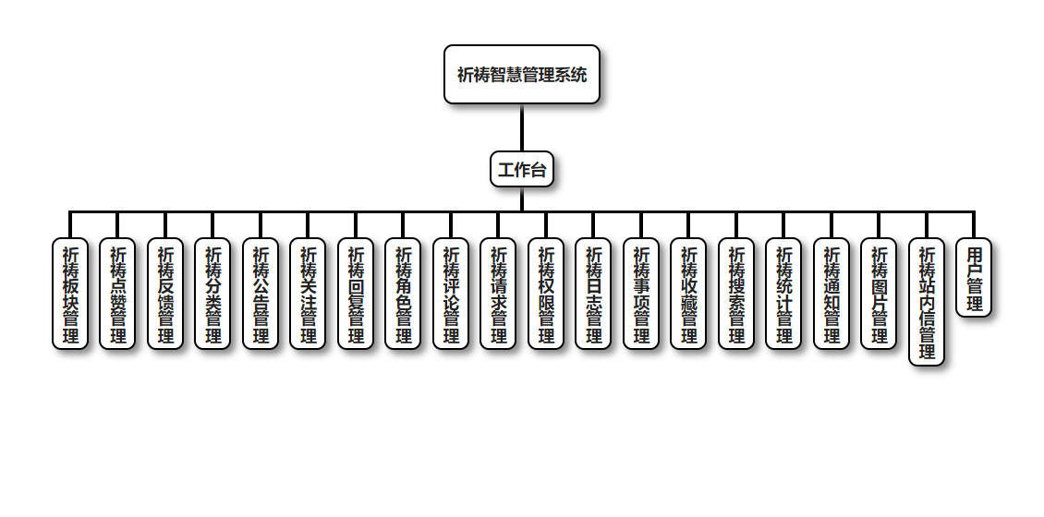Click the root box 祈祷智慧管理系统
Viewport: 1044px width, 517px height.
[x=522, y=75]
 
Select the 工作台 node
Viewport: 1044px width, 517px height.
[x=522, y=170]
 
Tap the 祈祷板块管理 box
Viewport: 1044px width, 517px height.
[x=70, y=294]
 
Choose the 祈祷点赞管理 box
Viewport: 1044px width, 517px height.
[x=117, y=294]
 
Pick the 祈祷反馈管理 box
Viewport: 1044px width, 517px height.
[x=165, y=294]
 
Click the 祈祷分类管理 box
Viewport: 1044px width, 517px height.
[x=212, y=294]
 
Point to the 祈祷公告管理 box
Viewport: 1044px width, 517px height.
[x=261, y=294]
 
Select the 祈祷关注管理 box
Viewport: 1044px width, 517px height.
[x=308, y=294]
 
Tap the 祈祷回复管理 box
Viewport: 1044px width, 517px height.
[x=356, y=294]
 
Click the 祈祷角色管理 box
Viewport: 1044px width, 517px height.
[x=403, y=294]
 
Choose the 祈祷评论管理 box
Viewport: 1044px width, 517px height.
[x=451, y=294]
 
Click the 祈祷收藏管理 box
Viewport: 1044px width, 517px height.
[x=688, y=294]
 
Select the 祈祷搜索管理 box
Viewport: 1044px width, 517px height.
[x=736, y=294]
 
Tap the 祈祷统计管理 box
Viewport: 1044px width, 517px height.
[x=783, y=294]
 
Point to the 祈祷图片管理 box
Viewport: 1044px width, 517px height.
[x=879, y=294]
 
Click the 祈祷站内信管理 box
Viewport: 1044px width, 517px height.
[x=927, y=302]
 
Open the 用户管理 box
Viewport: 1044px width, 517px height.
[x=974, y=278]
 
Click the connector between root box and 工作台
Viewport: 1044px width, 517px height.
[x=522, y=127]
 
